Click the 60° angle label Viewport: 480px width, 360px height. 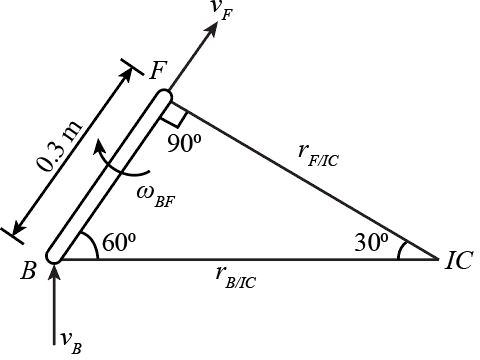[118, 243]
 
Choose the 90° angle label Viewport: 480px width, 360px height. [185, 143]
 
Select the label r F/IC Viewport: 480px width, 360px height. [318, 152]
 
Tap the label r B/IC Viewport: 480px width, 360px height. [236, 280]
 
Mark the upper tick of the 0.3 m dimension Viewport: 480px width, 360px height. [131, 71]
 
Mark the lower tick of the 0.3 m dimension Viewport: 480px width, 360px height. [14, 235]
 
